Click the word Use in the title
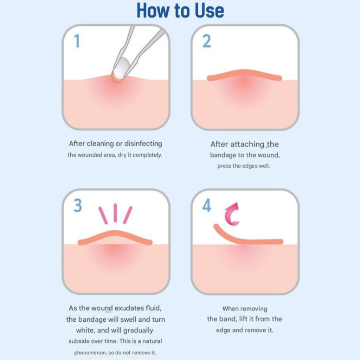(x=209, y=11)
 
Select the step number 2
(x=207, y=41)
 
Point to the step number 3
(x=78, y=205)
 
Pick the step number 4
(x=207, y=205)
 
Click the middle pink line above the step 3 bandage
(x=115, y=213)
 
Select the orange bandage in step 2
(x=244, y=74)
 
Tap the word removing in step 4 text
(x=255, y=309)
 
